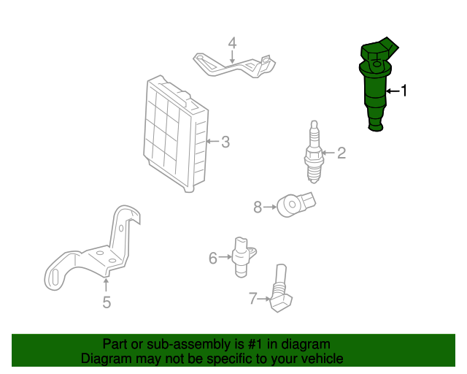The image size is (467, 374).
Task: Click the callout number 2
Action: pyautogui.click(x=341, y=153)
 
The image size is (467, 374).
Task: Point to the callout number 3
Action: pyautogui.click(x=225, y=142)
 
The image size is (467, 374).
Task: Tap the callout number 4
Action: pyautogui.click(x=232, y=43)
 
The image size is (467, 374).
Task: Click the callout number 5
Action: pyautogui.click(x=107, y=302)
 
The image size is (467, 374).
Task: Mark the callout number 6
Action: pyautogui.click(x=213, y=258)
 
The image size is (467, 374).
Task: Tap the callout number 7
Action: pyautogui.click(x=252, y=298)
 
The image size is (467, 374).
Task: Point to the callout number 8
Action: pyautogui.click(x=258, y=207)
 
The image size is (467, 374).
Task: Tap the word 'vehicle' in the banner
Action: pyautogui.click(x=320, y=359)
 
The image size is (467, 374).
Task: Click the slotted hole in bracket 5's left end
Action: pyautogui.click(x=54, y=277)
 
